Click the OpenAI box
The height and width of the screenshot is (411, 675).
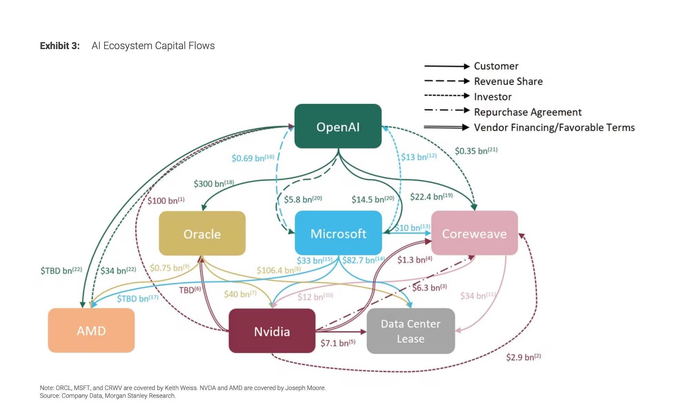click(x=337, y=127)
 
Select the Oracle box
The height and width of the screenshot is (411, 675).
click(x=202, y=234)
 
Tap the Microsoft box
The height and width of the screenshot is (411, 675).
click(x=338, y=233)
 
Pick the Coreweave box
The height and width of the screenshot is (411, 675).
click(x=474, y=233)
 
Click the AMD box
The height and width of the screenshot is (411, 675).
click(x=91, y=331)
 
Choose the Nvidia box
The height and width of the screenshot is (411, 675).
click(x=272, y=331)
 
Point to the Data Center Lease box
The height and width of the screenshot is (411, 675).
click(x=411, y=331)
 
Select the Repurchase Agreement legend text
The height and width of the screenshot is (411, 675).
click(x=527, y=112)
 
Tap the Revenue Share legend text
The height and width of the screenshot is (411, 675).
click(x=508, y=81)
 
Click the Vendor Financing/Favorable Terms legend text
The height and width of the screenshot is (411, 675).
click(x=554, y=128)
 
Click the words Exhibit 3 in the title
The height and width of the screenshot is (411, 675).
click(x=60, y=46)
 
